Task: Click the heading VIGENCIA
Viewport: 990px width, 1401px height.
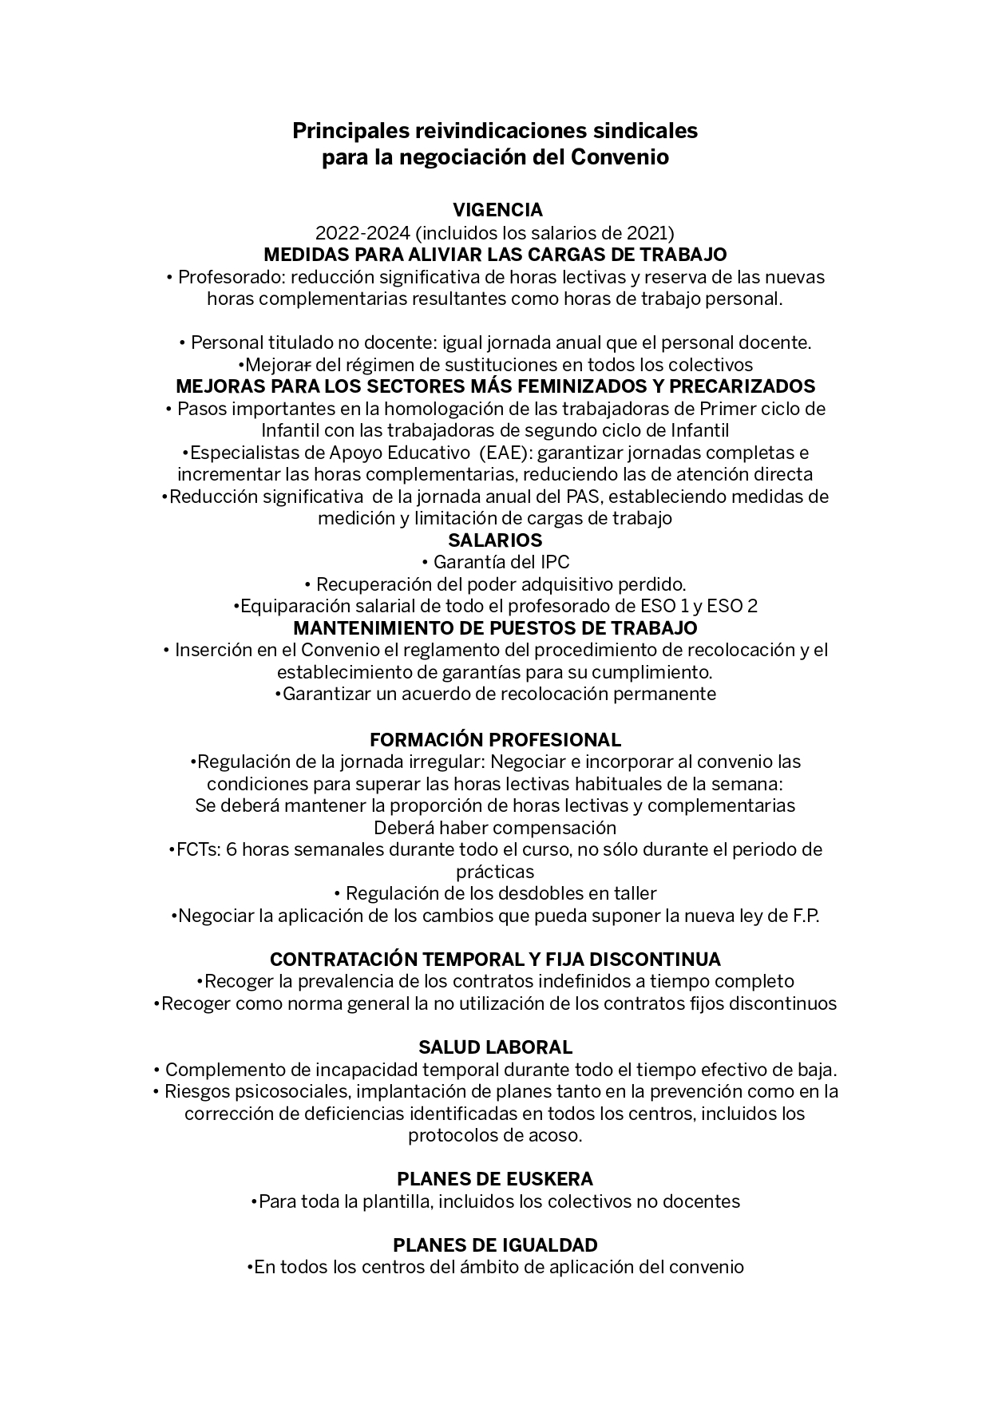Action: pos(497,210)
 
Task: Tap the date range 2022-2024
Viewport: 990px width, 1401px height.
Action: pos(362,233)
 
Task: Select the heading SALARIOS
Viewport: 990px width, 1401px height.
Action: pos(495,540)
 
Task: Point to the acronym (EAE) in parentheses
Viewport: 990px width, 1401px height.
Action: pos(501,453)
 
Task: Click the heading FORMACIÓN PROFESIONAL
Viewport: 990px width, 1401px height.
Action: pos(495,739)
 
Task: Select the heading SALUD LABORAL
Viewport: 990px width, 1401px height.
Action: pos(495,1047)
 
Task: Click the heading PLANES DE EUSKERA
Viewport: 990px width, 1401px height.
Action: pos(495,1179)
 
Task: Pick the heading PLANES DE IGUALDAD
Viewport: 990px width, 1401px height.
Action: pos(495,1245)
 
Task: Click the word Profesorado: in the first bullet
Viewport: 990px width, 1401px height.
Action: pos(232,277)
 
